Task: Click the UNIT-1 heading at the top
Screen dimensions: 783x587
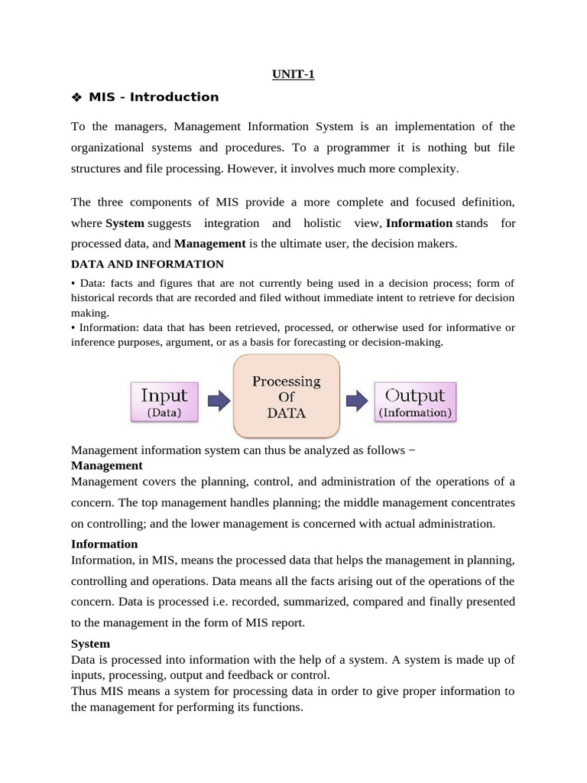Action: (293, 74)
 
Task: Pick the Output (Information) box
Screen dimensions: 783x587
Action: (415, 402)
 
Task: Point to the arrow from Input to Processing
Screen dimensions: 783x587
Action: (218, 400)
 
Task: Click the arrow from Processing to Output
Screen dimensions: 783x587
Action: (356, 400)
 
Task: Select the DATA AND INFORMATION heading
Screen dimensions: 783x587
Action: (147, 264)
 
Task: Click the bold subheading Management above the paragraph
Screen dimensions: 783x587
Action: (106, 465)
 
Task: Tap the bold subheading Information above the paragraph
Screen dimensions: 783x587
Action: (104, 544)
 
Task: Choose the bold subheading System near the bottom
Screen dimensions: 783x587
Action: (90, 643)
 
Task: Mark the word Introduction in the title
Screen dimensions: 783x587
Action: (181, 97)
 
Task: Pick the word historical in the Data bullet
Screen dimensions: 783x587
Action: (99, 297)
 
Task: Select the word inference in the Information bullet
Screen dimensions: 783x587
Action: (96, 342)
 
